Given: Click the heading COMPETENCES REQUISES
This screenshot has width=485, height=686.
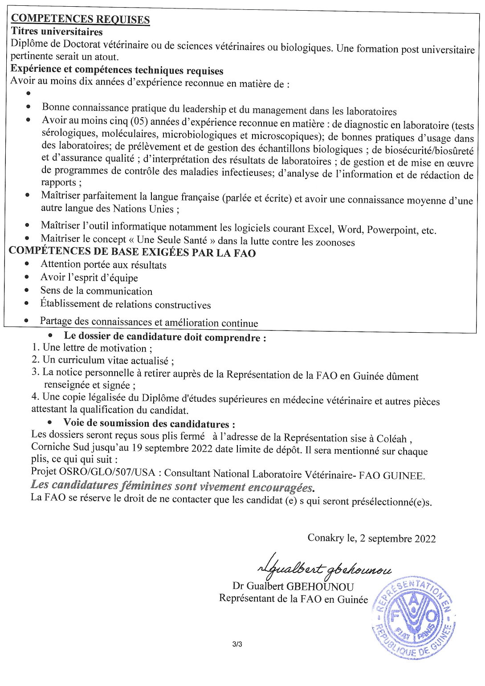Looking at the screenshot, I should point(80,19).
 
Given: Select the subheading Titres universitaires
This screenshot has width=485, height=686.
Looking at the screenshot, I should point(57,32).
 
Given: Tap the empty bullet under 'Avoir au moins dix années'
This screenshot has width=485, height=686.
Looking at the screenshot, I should point(29,94).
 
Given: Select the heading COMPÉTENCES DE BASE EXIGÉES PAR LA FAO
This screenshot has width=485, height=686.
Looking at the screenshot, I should point(132,252).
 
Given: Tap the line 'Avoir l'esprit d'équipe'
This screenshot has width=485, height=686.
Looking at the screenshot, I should point(89,278).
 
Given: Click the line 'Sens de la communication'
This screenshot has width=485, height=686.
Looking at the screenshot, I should point(96,291).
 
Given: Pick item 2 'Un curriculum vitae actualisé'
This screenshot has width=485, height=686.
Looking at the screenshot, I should point(103,360).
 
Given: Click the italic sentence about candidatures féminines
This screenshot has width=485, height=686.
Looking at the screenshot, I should point(172,486).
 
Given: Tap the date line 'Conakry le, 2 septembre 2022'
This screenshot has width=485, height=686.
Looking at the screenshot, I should point(371,538).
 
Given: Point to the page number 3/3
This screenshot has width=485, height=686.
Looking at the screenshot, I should point(237,644).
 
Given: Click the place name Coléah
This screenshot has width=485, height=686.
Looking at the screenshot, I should point(391,438).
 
